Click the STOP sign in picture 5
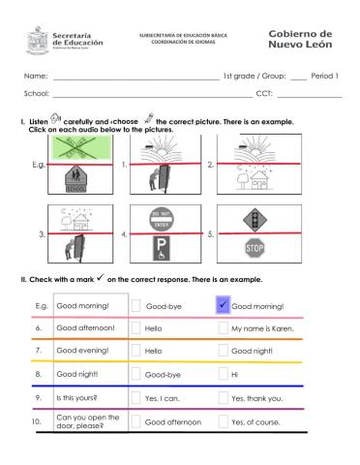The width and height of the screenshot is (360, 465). coord(255,249)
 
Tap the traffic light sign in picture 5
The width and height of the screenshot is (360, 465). coord(255,218)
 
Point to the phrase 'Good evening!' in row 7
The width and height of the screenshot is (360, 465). coord(84,351)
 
